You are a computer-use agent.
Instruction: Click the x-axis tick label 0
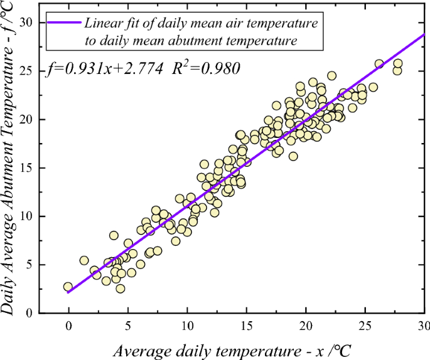click(x=68, y=326)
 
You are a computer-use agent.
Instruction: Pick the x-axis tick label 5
click(x=128, y=326)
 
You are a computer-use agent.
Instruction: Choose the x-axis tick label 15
click(x=247, y=326)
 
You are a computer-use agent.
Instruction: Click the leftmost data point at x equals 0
click(x=68, y=287)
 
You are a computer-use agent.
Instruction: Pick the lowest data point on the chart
click(x=120, y=289)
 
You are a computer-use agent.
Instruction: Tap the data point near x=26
click(x=379, y=64)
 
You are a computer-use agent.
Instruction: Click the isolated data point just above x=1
click(x=84, y=260)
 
